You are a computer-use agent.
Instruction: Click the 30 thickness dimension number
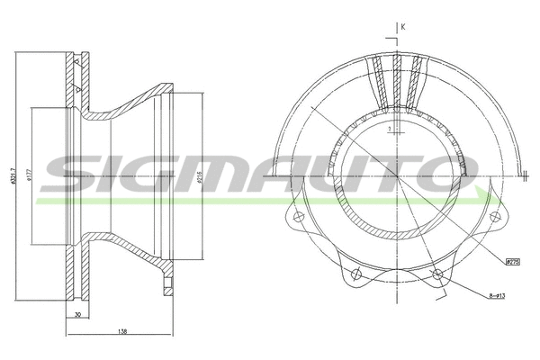79,314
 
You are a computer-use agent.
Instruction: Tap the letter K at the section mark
403,27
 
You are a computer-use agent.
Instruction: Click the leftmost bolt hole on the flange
297,218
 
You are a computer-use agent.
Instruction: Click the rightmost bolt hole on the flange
492,217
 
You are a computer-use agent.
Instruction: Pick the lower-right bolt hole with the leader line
436,275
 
